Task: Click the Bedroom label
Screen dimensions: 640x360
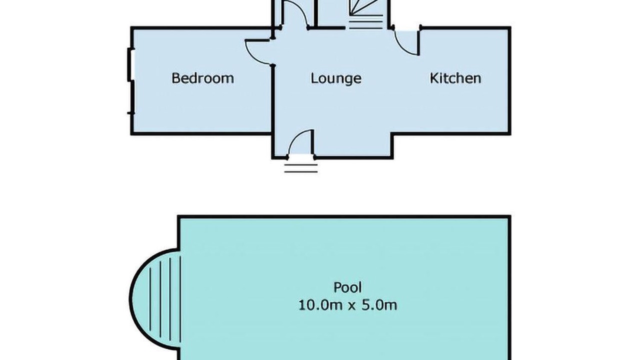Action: click(202, 78)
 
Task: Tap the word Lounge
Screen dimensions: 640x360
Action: click(335, 78)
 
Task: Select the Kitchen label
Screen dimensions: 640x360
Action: click(455, 78)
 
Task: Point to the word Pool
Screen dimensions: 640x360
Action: click(347, 287)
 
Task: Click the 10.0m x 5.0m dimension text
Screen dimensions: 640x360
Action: click(347, 305)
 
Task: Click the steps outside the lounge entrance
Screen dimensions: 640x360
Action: click(301, 168)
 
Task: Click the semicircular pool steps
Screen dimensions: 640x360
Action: click(155, 298)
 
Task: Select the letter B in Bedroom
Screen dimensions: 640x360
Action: click(176, 78)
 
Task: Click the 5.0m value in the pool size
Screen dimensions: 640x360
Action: click(379, 305)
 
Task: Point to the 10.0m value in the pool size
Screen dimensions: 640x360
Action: click(320, 305)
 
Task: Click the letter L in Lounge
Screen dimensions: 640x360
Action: click(314, 78)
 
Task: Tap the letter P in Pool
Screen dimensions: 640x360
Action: click(338, 287)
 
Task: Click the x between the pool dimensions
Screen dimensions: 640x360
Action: click(352, 306)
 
